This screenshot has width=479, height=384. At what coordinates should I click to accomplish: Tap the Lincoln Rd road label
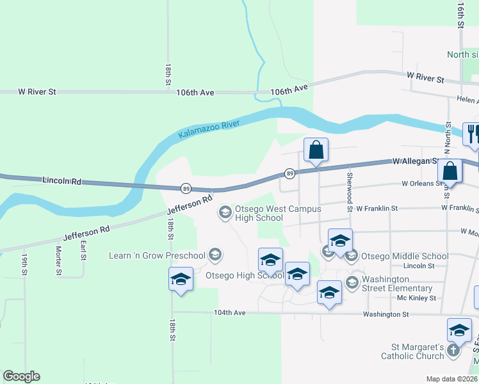pyautogui.click(x=62, y=182)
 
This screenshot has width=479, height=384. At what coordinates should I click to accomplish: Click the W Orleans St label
pyautogui.click(x=423, y=183)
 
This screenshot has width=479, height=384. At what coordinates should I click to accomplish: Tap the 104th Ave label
pyautogui.click(x=230, y=313)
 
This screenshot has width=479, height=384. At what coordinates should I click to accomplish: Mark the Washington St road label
pyautogui.click(x=386, y=314)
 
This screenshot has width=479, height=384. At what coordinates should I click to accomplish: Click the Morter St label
pyautogui.click(x=58, y=261)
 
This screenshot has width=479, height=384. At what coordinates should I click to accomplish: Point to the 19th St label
pyautogui.click(x=24, y=264)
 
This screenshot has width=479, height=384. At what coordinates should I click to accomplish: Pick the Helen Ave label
pyautogui.click(x=468, y=100)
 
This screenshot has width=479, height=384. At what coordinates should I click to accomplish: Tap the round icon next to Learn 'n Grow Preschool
pyautogui.click(x=215, y=255)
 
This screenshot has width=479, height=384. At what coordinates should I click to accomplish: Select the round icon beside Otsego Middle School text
pyautogui.click(x=351, y=255)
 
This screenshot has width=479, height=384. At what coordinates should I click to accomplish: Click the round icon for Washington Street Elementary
pyautogui.click(x=352, y=282)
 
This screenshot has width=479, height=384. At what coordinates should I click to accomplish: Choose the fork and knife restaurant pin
pyautogui.click(x=471, y=134)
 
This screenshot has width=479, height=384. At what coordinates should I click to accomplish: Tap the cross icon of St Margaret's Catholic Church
pyautogui.click(x=453, y=350)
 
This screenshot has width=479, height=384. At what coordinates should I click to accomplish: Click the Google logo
pyautogui.click(x=21, y=376)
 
